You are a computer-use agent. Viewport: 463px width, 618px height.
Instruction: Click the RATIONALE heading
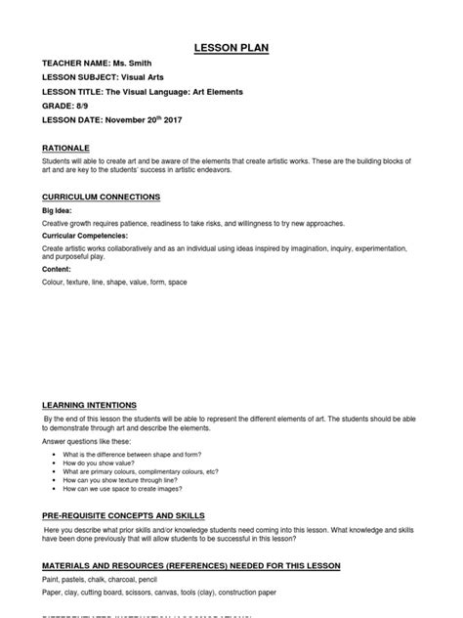68,149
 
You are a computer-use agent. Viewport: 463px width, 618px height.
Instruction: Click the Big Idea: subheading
57,210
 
